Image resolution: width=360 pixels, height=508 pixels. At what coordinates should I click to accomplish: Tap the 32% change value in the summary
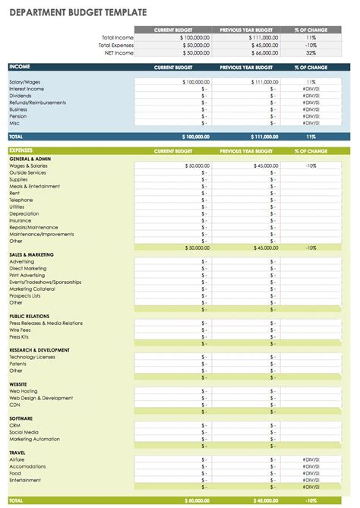tap(311, 52)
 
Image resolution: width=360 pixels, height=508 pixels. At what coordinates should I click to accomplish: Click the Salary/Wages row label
tap(24, 81)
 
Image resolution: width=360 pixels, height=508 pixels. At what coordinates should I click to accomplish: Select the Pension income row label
tap(17, 115)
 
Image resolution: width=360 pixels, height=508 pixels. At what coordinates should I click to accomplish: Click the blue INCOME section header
tap(20, 67)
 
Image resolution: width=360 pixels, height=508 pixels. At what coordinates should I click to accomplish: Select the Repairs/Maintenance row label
tap(33, 227)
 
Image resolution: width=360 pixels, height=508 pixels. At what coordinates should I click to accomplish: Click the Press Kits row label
tap(21, 336)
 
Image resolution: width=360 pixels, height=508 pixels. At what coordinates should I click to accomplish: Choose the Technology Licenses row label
tap(33, 357)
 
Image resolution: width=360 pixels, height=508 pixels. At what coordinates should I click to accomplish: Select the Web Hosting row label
tap(23, 391)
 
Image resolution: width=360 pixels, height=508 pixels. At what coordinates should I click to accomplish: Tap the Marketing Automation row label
tap(34, 439)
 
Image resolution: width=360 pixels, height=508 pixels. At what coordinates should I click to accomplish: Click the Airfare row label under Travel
tap(17, 459)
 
